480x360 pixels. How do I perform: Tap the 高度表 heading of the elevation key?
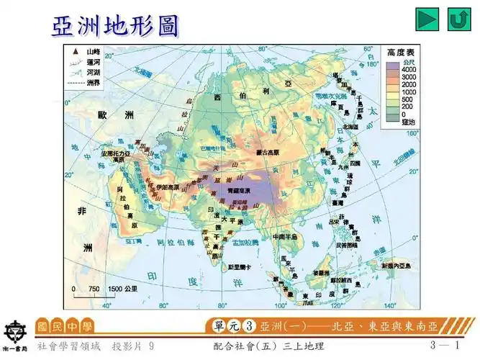click(x=400, y=53)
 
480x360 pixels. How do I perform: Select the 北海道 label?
click(x=350, y=127)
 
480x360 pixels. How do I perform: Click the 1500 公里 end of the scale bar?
click(x=122, y=288)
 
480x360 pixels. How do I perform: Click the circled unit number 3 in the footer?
click(x=249, y=325)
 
